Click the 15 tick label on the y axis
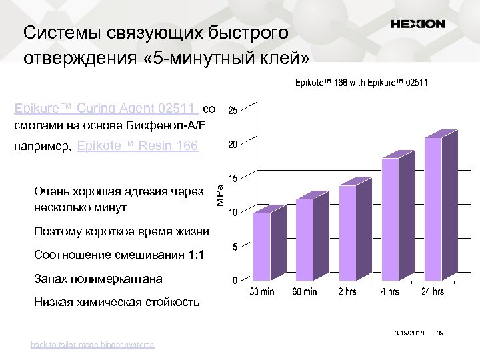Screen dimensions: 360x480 [x=235, y=179]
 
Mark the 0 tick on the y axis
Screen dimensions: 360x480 [x=235, y=281]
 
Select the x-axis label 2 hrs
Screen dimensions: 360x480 [x=347, y=292]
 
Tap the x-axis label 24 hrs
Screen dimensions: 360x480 [x=433, y=292]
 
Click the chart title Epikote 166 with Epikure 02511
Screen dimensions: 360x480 [x=362, y=83]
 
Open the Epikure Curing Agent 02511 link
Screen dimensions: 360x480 [x=105, y=108]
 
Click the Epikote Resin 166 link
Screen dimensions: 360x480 [x=138, y=146]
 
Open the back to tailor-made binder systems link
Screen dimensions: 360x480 [x=92, y=345]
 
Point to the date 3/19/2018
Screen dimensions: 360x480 [x=409, y=332]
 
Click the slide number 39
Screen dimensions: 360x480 [x=440, y=332]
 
